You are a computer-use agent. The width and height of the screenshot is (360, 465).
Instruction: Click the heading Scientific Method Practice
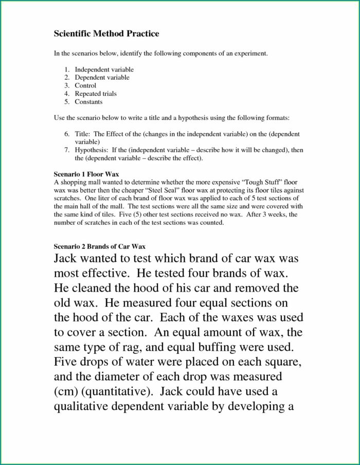(x=106, y=34)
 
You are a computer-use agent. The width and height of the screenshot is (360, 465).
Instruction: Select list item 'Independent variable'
(x=104, y=69)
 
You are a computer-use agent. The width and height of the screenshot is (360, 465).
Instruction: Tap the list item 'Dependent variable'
(x=102, y=78)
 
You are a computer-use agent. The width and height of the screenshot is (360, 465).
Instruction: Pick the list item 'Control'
(x=85, y=85)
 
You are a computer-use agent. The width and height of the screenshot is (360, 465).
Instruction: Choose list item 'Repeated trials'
(x=96, y=94)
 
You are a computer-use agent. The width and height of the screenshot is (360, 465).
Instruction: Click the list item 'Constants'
(x=89, y=102)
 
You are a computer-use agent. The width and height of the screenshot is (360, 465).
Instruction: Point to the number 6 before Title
(x=67, y=134)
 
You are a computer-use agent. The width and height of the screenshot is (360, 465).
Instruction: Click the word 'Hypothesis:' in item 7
(x=93, y=150)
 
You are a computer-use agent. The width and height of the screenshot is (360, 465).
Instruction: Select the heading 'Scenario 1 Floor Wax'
(x=86, y=174)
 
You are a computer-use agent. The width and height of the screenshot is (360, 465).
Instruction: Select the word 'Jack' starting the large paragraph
(x=69, y=259)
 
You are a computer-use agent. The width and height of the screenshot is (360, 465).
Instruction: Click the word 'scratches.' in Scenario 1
(x=67, y=198)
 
